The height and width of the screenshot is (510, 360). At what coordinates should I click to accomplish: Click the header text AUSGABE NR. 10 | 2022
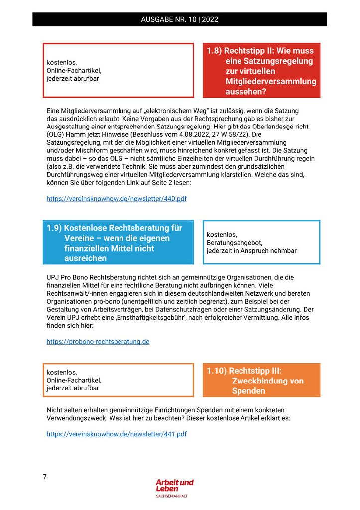(x=179, y=20)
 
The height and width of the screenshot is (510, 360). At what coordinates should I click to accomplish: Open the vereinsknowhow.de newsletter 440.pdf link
(x=117, y=198)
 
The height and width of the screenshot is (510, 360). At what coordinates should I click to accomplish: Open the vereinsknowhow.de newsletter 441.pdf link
(x=117, y=434)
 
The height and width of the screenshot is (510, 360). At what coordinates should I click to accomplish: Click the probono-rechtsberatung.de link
(x=98, y=341)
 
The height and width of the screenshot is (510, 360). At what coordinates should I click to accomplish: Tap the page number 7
(x=45, y=477)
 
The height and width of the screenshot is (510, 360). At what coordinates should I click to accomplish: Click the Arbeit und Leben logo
(x=174, y=485)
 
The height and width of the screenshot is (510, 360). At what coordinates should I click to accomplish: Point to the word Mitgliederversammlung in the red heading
(x=270, y=81)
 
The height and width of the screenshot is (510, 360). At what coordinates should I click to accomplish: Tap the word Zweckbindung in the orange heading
(x=267, y=381)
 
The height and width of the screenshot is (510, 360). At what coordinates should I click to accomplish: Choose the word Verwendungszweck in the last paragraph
(x=75, y=418)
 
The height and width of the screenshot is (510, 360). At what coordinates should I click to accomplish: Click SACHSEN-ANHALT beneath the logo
(x=172, y=496)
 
